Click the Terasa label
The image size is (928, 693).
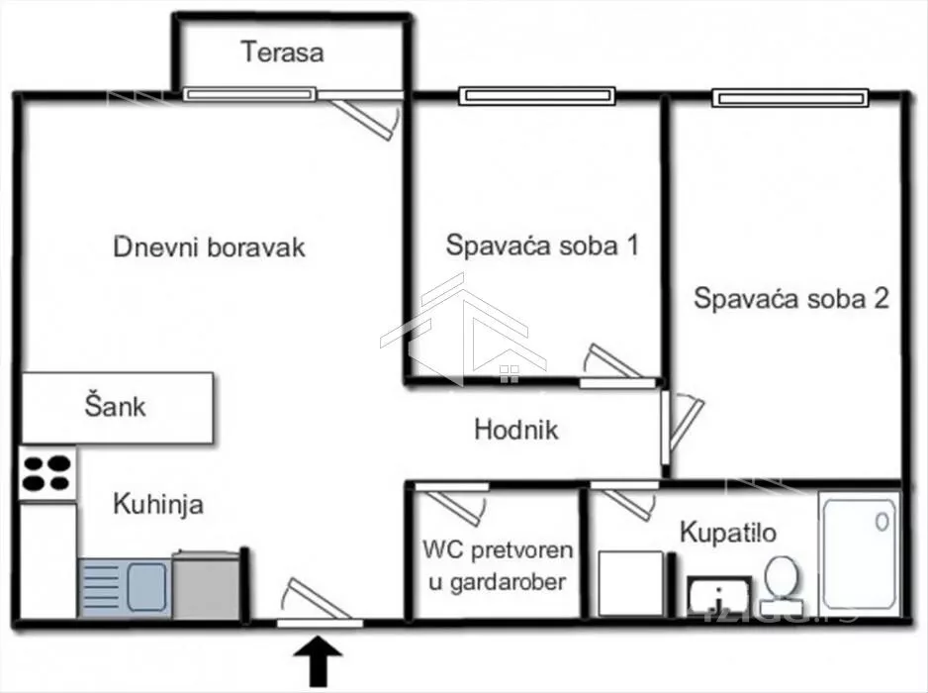point(282,51)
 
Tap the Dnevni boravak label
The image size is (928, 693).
point(209,247)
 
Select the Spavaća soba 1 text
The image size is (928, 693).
point(540,246)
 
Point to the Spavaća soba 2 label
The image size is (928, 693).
point(790,298)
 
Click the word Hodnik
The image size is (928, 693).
point(515,430)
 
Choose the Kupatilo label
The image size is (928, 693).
point(727,533)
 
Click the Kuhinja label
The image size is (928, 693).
point(157,504)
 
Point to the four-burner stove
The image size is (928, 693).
point(47,474)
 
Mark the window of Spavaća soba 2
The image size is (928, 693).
point(789,97)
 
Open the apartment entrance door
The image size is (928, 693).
point(318,604)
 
